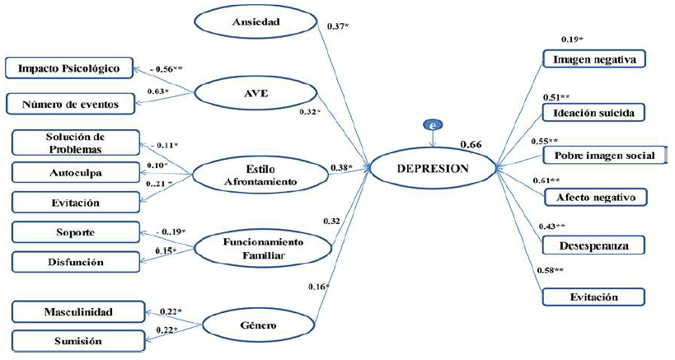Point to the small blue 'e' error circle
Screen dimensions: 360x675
tap(432, 125)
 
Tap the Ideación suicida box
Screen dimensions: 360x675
tap(593, 112)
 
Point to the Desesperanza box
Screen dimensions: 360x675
tap(593, 245)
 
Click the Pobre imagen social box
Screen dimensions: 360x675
tap(604, 156)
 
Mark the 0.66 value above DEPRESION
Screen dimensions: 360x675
tap(471, 144)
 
